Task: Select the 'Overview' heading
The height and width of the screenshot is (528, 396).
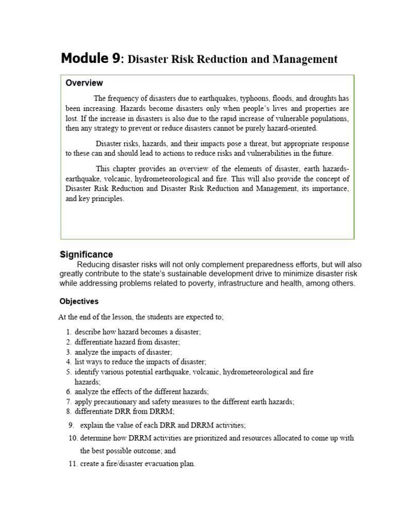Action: point(84,83)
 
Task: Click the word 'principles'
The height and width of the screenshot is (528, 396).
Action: point(107,199)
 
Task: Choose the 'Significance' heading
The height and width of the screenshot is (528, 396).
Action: point(86,255)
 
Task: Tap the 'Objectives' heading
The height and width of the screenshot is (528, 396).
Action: point(79,301)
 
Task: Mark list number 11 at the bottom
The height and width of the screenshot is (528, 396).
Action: point(72,464)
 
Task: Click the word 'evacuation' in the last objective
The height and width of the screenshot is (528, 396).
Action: point(146,464)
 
